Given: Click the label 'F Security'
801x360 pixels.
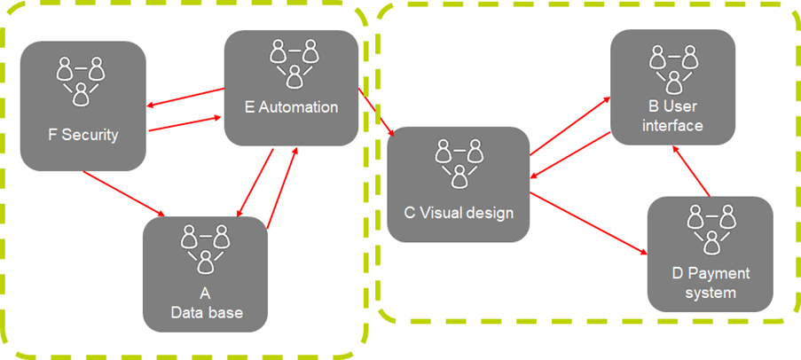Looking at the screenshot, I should pos(82,136).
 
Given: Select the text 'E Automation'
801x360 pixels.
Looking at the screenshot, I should pos(292,107).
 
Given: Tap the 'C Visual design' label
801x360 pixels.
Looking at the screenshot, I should pos(458,212).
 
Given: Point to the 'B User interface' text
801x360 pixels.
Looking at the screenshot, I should pos(673,116).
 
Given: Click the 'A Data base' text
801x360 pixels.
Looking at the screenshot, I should pos(206,303).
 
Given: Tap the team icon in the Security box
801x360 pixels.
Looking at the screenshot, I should pos(82,81).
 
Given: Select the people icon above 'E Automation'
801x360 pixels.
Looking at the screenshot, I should pos(294,59).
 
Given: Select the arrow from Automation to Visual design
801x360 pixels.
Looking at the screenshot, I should pos(377,112).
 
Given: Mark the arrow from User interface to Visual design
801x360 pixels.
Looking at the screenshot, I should pos(572,158).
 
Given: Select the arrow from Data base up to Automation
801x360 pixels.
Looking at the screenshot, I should pos(281,183).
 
